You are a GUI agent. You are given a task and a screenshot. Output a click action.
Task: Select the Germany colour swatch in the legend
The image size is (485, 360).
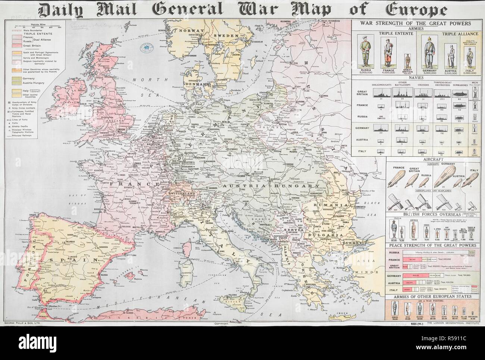pyautogui.click(x=17, y=79)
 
